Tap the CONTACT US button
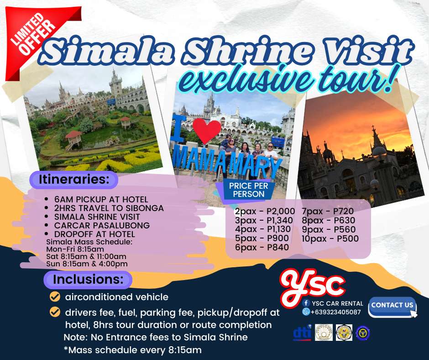[392, 306]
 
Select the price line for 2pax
[265, 211]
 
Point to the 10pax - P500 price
[330, 238]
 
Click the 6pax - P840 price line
[262, 248]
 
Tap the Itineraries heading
[74, 180]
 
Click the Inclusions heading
[88, 280]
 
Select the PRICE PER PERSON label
[248, 190]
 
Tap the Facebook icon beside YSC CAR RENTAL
[306, 303]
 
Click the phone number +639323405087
[336, 312]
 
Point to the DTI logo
[302, 333]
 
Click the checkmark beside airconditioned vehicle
[55, 296]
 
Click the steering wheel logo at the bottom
[363, 333]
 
